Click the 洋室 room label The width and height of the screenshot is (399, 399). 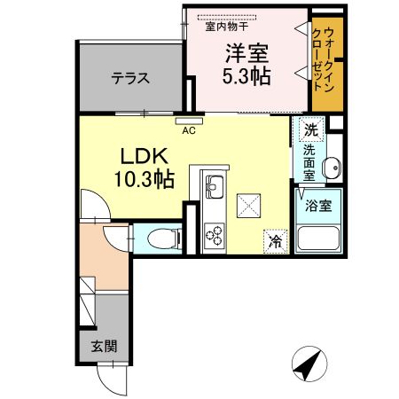[247, 53]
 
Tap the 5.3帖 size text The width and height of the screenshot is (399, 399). [246, 76]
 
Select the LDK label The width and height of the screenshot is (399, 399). [144, 156]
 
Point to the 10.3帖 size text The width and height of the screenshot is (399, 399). [144, 179]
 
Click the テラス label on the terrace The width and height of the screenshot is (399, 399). [130, 78]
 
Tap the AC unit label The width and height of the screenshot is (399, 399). [189, 130]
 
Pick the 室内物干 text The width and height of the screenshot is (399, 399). [227, 27]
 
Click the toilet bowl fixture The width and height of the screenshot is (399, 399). [164, 239]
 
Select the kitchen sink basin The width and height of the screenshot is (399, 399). [215, 187]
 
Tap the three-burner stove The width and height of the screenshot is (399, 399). [215, 235]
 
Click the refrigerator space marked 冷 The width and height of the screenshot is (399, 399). [276, 241]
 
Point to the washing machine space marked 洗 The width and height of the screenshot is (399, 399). [311, 129]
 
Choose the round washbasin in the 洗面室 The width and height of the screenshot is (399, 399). [332, 168]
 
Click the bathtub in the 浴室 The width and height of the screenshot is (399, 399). [318, 239]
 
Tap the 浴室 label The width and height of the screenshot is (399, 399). [318, 206]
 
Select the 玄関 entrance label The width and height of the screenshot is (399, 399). [104, 346]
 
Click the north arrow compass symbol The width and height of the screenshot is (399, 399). [309, 364]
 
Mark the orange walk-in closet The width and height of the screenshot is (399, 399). [328, 64]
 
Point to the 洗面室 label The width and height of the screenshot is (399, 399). [309, 163]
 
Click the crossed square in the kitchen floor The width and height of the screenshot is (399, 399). [248, 206]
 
